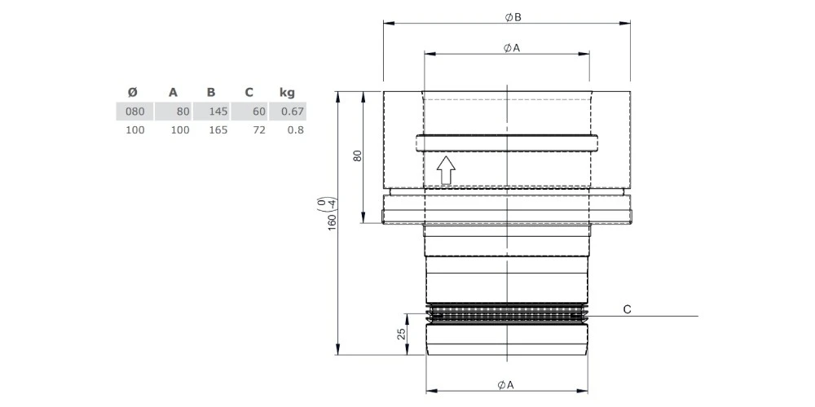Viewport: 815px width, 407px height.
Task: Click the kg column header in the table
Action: [287, 93]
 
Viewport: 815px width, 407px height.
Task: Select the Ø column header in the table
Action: [133, 93]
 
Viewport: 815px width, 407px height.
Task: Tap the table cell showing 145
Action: [218, 112]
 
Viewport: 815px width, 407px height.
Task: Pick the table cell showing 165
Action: [218, 130]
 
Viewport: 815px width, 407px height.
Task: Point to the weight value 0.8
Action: [296, 130]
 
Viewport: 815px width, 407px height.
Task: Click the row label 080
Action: [135, 112]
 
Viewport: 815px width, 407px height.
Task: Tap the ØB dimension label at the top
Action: [513, 17]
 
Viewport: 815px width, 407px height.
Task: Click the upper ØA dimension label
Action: [512, 48]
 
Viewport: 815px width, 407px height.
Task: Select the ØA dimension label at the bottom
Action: [506, 385]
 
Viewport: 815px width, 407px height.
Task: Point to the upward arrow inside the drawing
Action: [446, 170]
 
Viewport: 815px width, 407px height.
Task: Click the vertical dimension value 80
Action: [357, 157]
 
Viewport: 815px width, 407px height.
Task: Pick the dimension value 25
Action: [401, 334]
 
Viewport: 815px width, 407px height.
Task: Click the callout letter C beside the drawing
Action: [628, 309]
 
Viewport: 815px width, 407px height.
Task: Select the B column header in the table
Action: [210, 93]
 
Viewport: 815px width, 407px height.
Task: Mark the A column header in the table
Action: [173, 93]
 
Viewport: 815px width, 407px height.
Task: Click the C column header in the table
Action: [249, 93]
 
